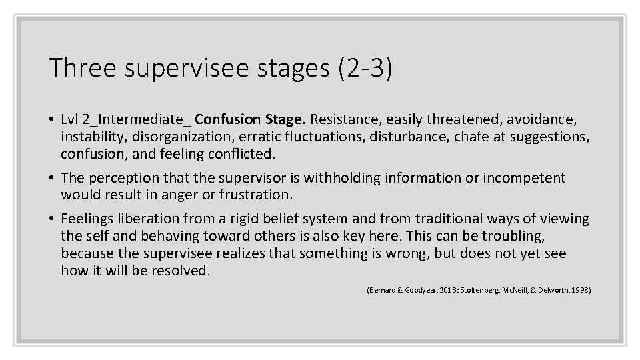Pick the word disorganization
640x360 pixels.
pyautogui.click(x=172, y=137)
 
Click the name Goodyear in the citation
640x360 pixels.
pyautogui.click(x=419, y=290)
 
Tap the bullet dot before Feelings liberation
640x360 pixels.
pyautogui.click(x=51, y=219)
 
